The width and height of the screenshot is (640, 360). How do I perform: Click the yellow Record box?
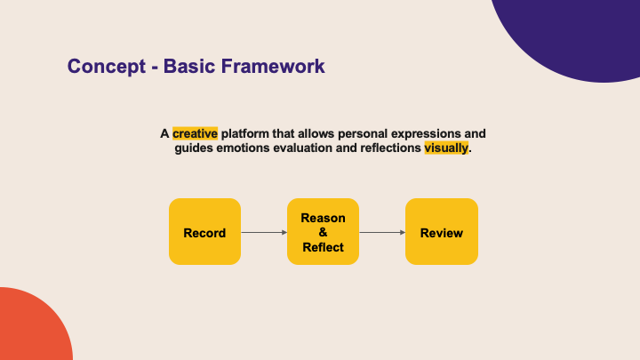click(x=204, y=232)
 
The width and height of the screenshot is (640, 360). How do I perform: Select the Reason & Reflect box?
click(x=323, y=232)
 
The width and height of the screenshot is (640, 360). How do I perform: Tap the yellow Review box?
click(x=441, y=232)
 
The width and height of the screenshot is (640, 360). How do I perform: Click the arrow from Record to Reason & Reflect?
click(x=264, y=233)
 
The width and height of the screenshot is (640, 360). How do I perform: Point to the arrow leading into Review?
click(x=382, y=233)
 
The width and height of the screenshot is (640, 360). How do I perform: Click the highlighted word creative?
click(x=195, y=133)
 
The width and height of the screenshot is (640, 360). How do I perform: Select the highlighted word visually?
click(x=445, y=148)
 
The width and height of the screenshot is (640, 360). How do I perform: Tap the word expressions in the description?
click(x=419, y=133)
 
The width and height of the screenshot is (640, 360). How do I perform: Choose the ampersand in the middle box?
click(x=323, y=232)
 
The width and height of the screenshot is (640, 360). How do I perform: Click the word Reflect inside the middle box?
click(x=323, y=247)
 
